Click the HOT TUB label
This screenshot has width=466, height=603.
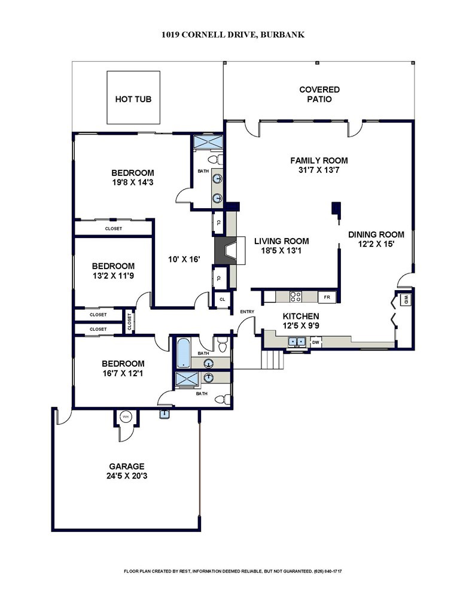click(x=133, y=99)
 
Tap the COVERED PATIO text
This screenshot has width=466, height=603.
click(x=319, y=95)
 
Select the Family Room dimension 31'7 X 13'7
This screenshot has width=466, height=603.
click(x=319, y=170)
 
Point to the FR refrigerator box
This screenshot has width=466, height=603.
click(x=327, y=297)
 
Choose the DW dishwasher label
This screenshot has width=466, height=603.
click(x=316, y=342)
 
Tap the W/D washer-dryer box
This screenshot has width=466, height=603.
click(x=406, y=299)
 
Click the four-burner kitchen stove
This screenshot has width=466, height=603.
click(x=296, y=297)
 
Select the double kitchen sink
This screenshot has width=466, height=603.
click(x=296, y=342)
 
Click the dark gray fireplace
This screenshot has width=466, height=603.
click(x=226, y=250)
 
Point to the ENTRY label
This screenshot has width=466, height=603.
click(x=247, y=312)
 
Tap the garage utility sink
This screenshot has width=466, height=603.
click(x=164, y=414)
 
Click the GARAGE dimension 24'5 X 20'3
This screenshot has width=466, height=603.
click(x=126, y=476)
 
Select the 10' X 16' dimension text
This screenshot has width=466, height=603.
click(x=184, y=259)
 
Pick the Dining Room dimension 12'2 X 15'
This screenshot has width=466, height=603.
click(x=376, y=244)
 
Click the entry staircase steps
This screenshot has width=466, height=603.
click(x=272, y=360)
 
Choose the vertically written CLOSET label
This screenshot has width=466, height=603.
click(x=130, y=321)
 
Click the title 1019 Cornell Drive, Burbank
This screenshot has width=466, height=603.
click(x=233, y=35)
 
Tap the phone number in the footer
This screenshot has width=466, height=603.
click(x=328, y=571)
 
